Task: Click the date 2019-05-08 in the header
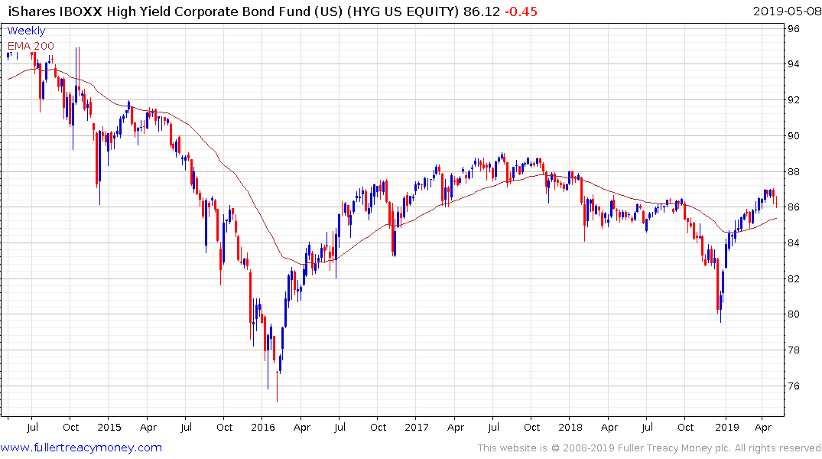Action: pyautogui.click(x=785, y=11)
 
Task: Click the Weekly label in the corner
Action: pyautogui.click(x=26, y=31)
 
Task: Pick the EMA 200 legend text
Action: pyautogui.click(x=31, y=45)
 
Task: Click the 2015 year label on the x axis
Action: pyautogui.click(x=109, y=427)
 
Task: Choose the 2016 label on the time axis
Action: pyautogui.click(x=263, y=427)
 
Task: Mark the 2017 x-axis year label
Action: pyautogui.click(x=417, y=427)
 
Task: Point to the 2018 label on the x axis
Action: pyautogui.click(x=570, y=427)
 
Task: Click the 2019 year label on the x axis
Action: pyautogui.click(x=726, y=427)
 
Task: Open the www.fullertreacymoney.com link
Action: pyautogui.click(x=82, y=448)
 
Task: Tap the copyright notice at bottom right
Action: pyautogui.click(x=649, y=448)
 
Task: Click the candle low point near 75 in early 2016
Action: pyautogui.click(x=277, y=401)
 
